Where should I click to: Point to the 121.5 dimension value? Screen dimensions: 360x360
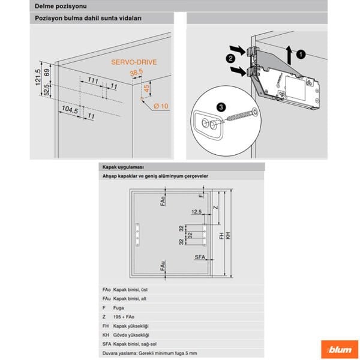38,79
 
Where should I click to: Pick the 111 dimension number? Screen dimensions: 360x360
93,80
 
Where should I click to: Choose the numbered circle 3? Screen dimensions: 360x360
221,106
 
